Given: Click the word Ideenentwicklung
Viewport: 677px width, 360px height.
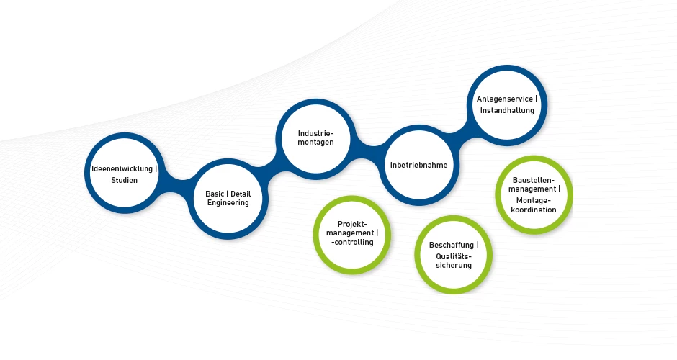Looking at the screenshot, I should [122, 169].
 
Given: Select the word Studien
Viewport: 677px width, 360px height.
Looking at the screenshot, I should [124, 181].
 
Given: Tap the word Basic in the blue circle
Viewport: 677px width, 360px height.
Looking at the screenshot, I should [215, 193].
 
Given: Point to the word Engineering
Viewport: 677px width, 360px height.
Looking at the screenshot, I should [228, 203].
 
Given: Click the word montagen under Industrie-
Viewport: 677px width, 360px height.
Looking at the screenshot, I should [315, 143].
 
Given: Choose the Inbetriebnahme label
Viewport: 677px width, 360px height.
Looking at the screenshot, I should [418, 165].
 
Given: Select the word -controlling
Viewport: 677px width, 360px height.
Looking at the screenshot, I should [351, 243].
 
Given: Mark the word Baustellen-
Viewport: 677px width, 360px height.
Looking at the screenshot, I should [533, 180].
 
